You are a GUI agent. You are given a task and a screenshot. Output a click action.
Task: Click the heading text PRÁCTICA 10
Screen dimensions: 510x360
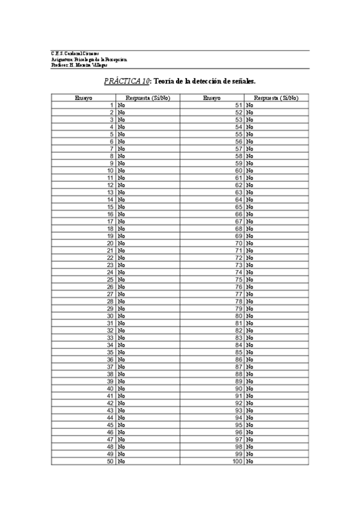tap(126, 80)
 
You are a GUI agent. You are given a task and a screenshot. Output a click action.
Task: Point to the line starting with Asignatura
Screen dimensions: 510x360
tap(89, 60)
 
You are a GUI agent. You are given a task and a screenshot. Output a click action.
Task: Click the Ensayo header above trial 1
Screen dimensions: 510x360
tap(84, 97)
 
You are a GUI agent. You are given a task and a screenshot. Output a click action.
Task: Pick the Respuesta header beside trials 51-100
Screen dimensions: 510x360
tap(276, 97)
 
